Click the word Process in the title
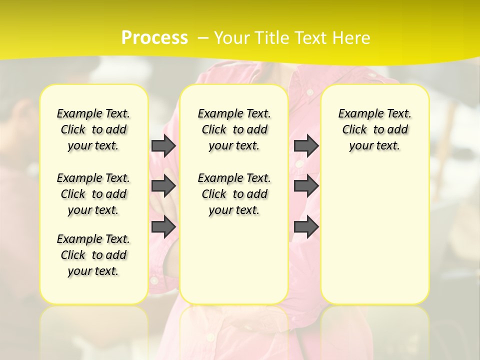tap(154, 38)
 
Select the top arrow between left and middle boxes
tap(163, 145)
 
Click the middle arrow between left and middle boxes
tap(163, 186)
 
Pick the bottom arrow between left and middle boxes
tap(163, 227)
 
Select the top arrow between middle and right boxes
tap(306, 145)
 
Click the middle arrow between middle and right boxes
tap(306, 186)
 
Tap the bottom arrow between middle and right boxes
tap(306, 227)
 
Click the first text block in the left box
tap(93, 129)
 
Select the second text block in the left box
tap(93, 194)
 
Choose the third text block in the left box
tap(93, 255)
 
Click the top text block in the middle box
tap(234, 129)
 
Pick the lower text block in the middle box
tap(234, 194)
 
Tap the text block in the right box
tap(375, 129)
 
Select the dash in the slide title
tap(203, 38)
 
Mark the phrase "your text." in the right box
tap(375, 146)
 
